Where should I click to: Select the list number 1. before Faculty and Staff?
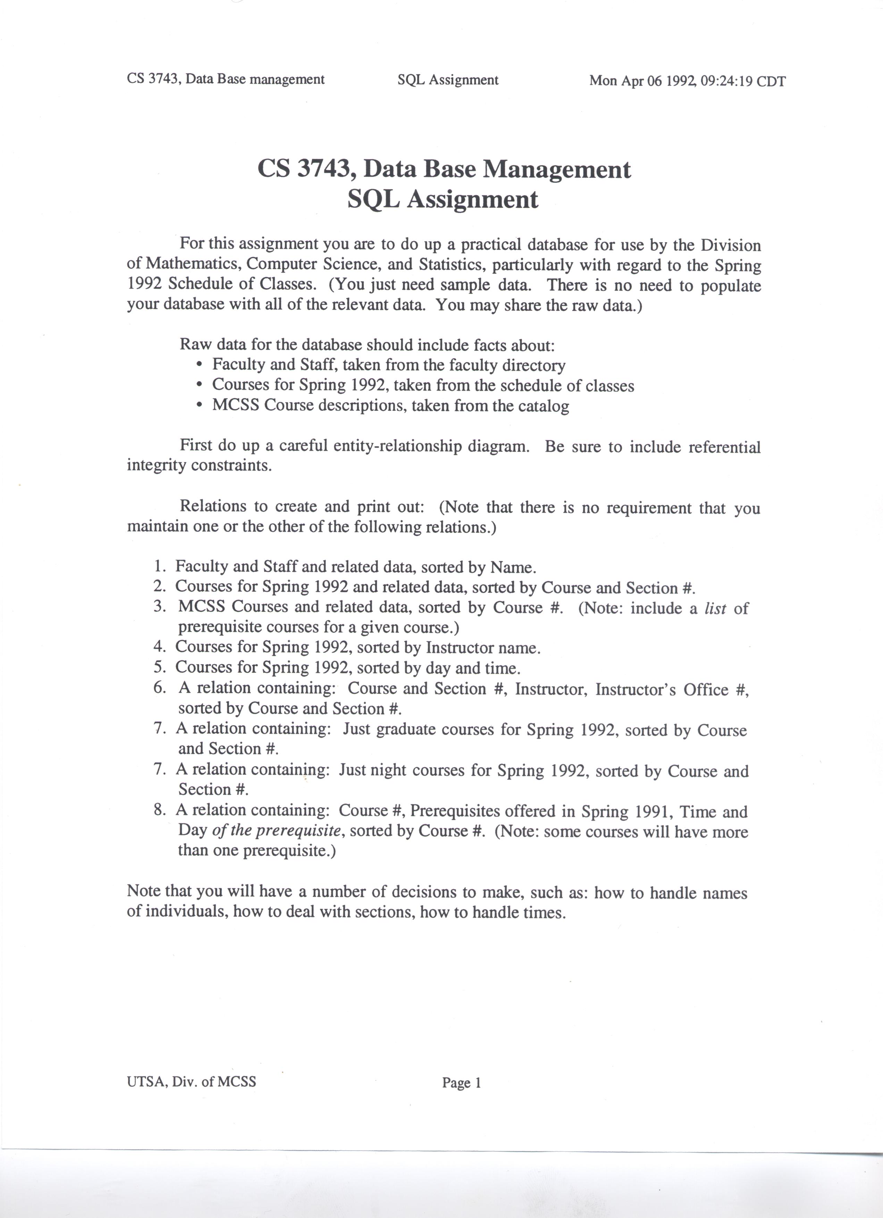click(159, 567)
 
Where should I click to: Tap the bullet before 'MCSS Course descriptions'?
click(200, 406)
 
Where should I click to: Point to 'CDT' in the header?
click(771, 82)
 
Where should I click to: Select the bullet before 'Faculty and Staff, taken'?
click(200, 365)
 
